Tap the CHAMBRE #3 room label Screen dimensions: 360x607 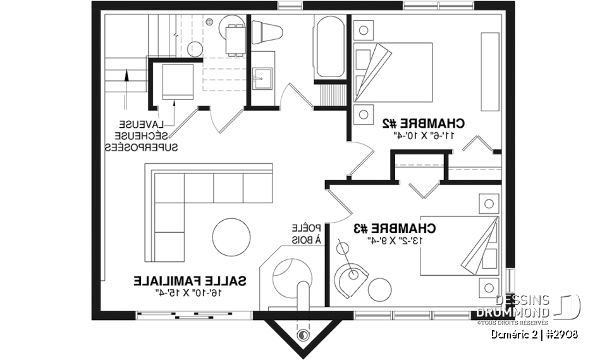[x=403, y=228]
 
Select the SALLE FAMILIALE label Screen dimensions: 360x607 [x=190, y=280]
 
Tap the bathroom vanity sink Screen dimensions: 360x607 [x=261, y=80]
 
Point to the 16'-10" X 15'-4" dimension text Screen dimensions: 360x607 [x=190, y=292]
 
